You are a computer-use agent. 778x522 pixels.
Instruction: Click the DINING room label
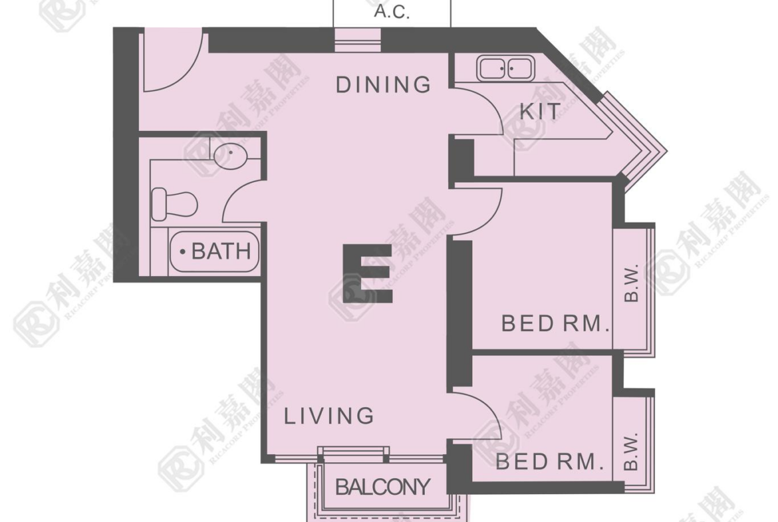tap(383, 85)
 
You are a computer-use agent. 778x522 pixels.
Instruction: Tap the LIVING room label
tap(329, 416)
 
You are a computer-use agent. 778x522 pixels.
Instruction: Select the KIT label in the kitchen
tap(540, 111)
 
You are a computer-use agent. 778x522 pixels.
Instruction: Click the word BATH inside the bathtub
tap(221, 251)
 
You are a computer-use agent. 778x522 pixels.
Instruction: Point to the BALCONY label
tap(382, 487)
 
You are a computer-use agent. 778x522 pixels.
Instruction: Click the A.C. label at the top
tap(392, 11)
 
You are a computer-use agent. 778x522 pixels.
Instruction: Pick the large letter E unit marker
tap(368, 273)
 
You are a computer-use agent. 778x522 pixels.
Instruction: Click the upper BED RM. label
tap(555, 324)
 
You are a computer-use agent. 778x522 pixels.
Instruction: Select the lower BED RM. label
tap(550, 462)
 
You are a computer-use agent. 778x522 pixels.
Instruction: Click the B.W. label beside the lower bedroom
tap(630, 451)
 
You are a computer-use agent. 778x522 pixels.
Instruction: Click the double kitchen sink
tap(506, 68)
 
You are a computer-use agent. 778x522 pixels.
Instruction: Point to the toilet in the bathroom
tap(174, 204)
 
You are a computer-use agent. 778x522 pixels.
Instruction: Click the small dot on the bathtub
tap(183, 252)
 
